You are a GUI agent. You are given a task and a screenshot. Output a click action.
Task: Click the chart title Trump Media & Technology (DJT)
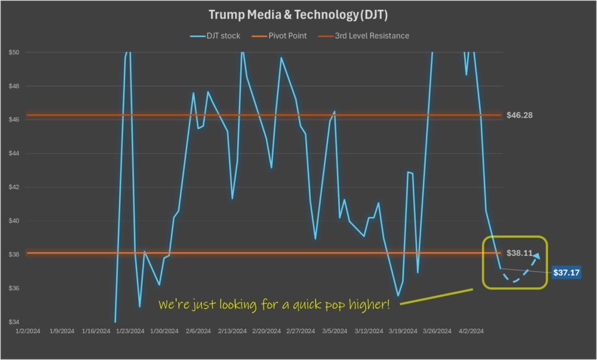tap(298, 14)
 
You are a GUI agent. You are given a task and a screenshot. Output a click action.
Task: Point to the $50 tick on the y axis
tap(14, 52)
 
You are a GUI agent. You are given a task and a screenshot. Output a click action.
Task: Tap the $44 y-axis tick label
tap(14, 154)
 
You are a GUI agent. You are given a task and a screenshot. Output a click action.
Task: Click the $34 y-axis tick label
tap(14, 322)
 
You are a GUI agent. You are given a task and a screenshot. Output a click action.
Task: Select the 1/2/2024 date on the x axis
tap(27, 331)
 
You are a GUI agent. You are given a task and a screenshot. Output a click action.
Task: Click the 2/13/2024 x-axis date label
tap(232, 331)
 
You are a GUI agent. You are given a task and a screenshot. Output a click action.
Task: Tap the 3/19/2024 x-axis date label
tap(403, 331)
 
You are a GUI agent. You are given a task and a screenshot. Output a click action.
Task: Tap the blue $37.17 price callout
tap(566, 272)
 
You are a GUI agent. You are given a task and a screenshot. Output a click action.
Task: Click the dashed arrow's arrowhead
tap(536, 256)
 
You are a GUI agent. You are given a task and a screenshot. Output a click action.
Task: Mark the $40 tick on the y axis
tap(14, 221)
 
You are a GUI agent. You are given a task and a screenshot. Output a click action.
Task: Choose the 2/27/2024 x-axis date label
tap(300, 331)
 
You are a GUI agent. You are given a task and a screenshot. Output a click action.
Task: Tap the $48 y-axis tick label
tap(14, 86)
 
